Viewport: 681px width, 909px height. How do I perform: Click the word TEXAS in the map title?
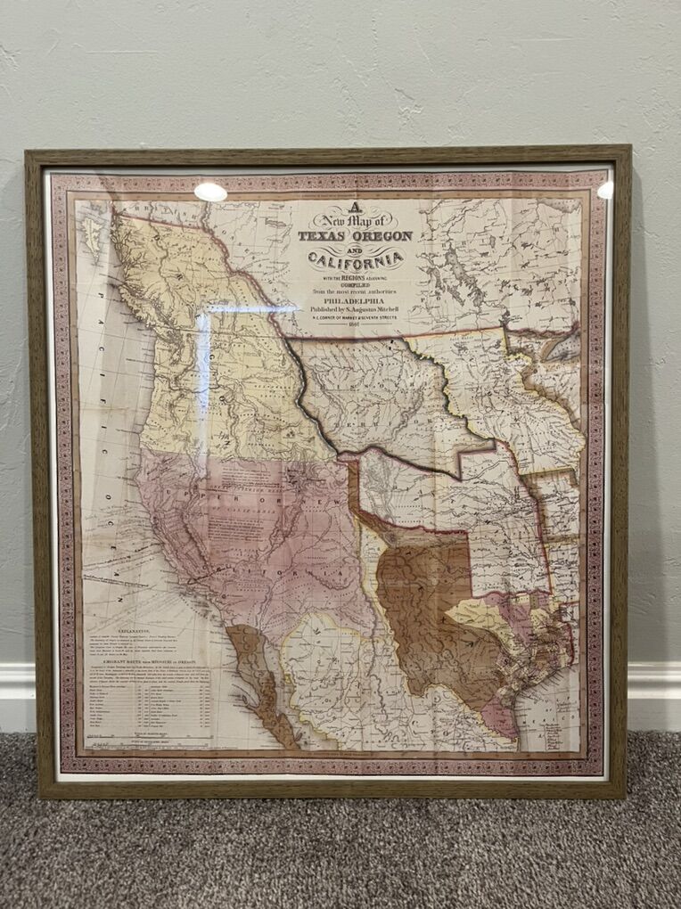click(325, 236)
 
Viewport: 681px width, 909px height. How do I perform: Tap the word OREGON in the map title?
click(384, 236)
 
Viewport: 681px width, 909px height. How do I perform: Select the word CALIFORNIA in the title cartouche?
click(356, 259)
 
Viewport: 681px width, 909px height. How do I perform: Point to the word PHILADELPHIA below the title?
click(355, 300)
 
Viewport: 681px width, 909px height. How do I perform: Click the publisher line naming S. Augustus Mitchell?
click(355, 309)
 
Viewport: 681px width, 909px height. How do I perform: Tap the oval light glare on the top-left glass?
click(210, 192)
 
